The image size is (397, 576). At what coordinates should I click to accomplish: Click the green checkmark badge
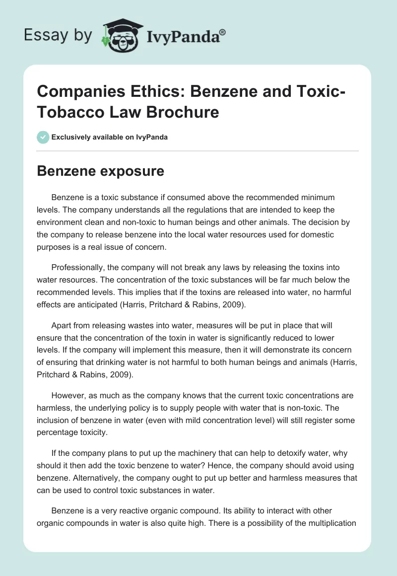tap(43, 137)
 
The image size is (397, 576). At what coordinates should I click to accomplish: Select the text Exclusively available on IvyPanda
tap(109, 137)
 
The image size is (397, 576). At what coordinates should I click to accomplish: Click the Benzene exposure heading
tap(101, 171)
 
